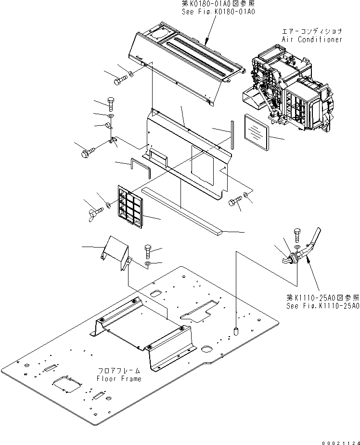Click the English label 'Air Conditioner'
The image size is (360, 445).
point(312,39)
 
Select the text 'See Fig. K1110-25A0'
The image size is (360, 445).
point(322,305)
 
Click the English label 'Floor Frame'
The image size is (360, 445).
point(119,379)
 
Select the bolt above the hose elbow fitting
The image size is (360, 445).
point(296,236)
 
